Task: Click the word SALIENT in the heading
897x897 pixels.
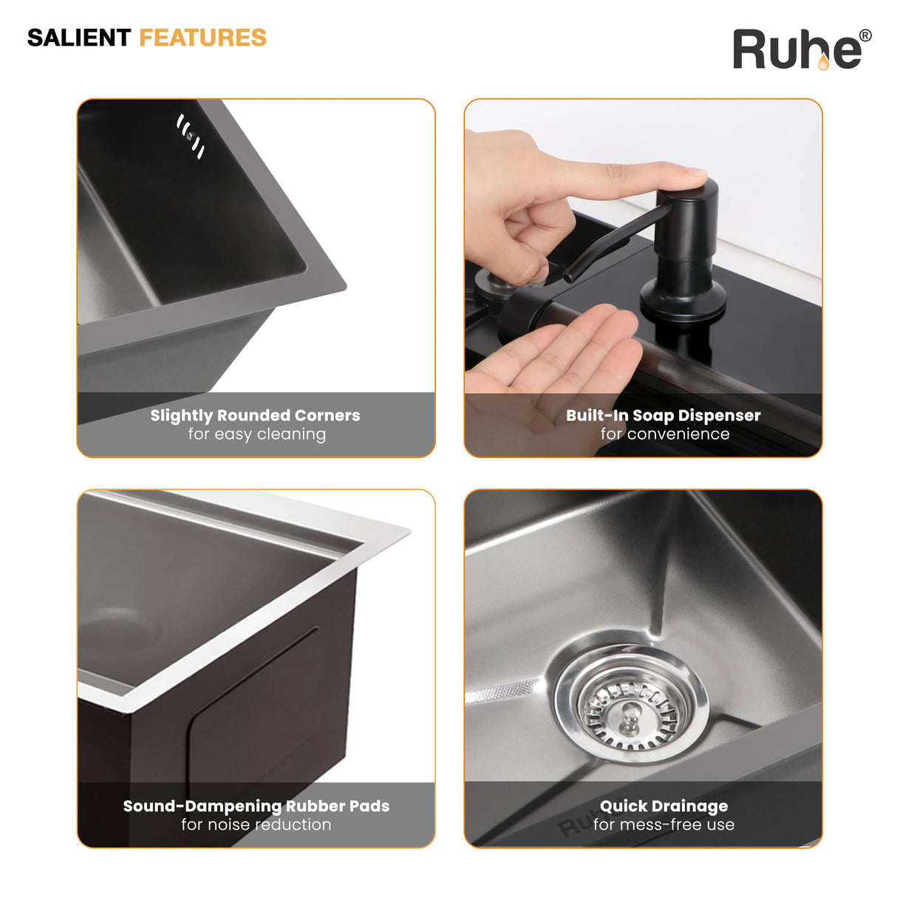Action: point(79,38)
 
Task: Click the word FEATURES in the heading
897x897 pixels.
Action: point(203,38)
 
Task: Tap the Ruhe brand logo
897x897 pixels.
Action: point(802,50)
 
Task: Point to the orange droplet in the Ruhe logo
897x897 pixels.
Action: point(823,64)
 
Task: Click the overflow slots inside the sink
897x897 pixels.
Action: point(191,136)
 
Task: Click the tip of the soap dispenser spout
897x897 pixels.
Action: point(568,278)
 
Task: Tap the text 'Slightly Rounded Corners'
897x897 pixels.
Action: point(255,415)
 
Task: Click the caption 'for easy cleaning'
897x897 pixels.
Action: point(257,434)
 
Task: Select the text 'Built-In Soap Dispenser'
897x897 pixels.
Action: point(664,415)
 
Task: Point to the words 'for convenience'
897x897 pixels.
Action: point(665,434)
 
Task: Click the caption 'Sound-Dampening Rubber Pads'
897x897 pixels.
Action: point(256,806)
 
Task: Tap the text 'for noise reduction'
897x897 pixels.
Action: point(256,825)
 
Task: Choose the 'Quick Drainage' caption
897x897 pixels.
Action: point(664,806)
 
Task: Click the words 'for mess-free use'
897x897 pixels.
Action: point(664,825)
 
